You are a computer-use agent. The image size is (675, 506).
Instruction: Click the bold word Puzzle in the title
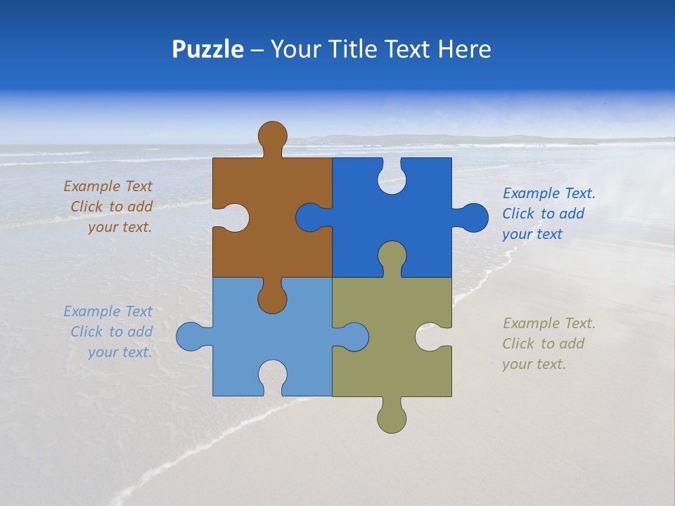coord(207,49)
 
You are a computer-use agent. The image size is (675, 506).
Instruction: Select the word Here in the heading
coord(464,49)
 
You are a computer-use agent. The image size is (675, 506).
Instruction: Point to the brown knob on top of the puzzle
coord(272,135)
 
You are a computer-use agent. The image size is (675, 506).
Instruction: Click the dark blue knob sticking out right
coord(473,217)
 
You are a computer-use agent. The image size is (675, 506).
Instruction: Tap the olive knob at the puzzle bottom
coord(392,419)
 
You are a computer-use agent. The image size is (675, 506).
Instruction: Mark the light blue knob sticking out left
coord(190,336)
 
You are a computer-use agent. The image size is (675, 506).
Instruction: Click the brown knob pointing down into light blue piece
coord(272,299)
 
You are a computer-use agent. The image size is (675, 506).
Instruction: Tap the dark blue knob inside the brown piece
coord(311,217)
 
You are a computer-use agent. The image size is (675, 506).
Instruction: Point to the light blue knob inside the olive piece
coord(354,336)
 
